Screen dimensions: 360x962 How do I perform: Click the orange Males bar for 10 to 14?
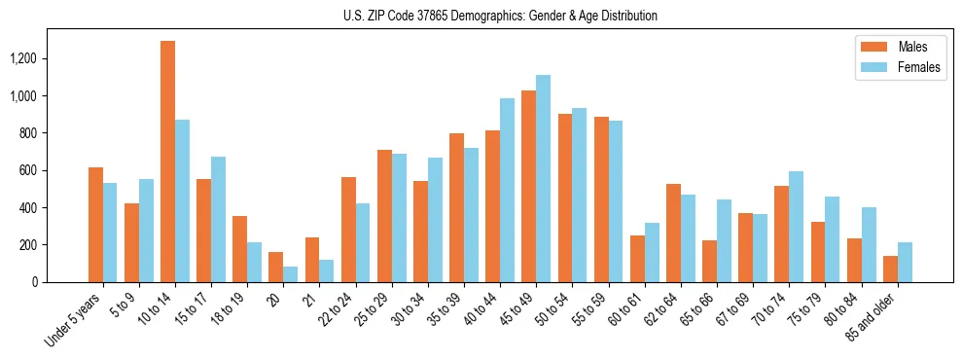167,162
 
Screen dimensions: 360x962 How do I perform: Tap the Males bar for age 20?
275,267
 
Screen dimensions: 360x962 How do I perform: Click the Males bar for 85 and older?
890,269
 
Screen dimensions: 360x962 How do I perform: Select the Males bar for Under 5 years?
95,225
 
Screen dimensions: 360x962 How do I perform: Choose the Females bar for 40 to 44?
507,190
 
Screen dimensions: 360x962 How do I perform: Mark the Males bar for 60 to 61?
637,259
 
